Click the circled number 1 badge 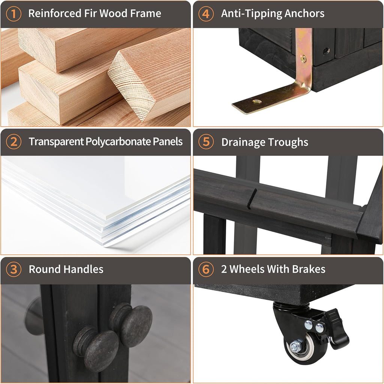[14, 14]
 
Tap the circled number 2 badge [14, 142]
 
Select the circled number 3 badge [14, 269]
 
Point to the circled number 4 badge [206, 14]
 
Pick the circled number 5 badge [206, 142]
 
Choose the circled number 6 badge [206, 269]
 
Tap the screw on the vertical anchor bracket [303, 58]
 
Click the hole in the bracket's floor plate [257, 101]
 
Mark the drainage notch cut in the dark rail [252, 199]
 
